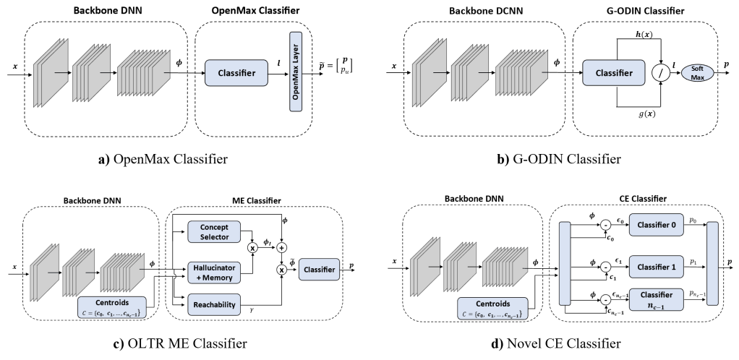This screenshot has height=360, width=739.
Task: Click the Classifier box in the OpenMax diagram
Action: pyautogui.click(x=237, y=72)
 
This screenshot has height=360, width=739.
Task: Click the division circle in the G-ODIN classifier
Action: pyautogui.click(x=661, y=72)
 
